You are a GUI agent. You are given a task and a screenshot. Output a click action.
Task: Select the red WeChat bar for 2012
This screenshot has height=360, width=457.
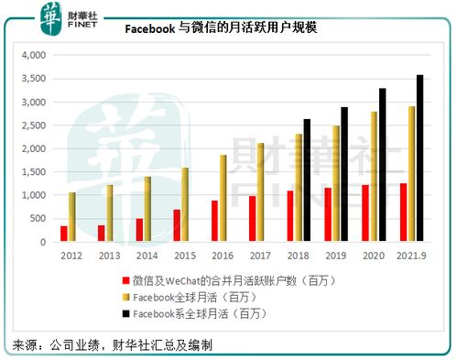pyautogui.click(x=64, y=234)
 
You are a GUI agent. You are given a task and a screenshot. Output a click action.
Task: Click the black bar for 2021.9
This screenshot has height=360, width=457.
pyautogui.click(x=420, y=158)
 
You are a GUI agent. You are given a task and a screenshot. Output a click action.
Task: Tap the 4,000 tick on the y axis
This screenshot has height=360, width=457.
pyautogui.click(x=30, y=55)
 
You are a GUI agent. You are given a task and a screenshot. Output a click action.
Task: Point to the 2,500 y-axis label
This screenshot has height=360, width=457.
pyautogui.click(x=30, y=125)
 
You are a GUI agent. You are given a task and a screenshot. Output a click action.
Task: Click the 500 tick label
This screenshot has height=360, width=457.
pyautogui.click(x=36, y=219)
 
